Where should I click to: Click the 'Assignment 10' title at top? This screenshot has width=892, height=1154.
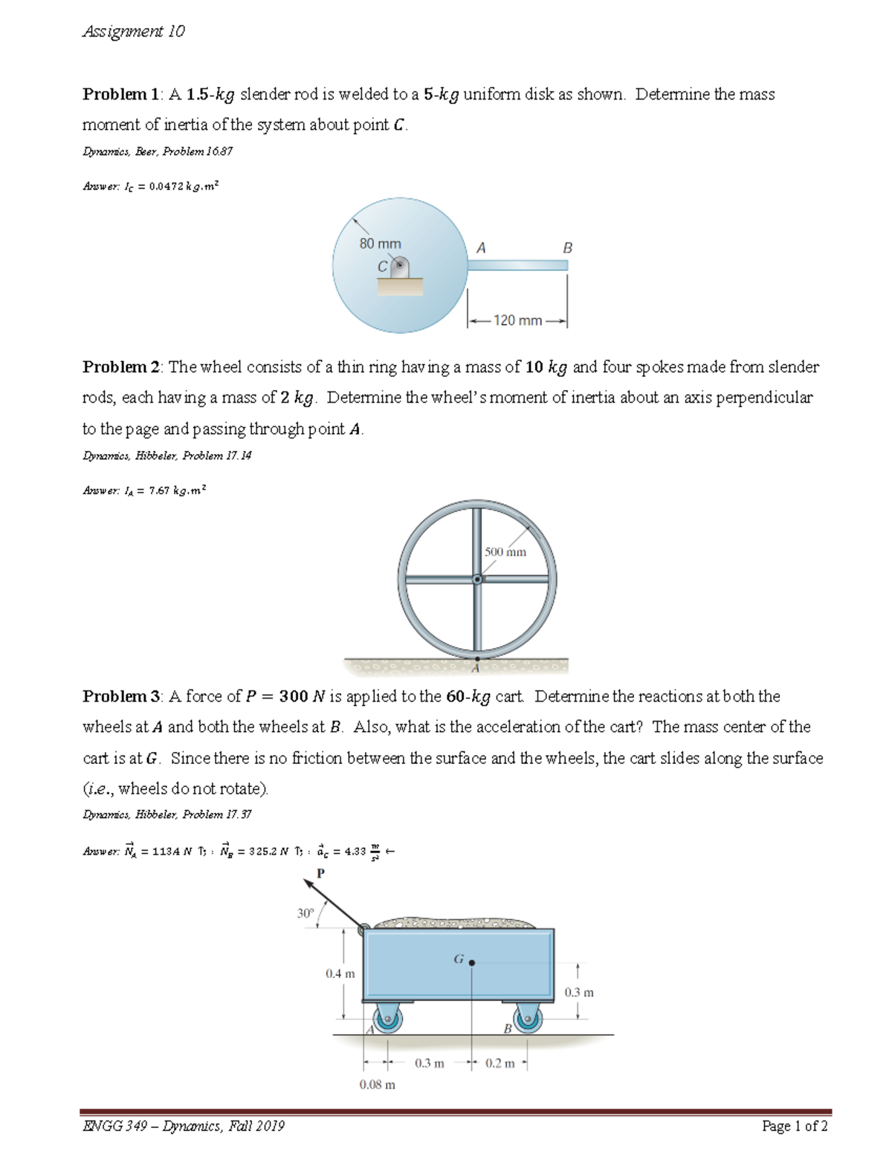(x=134, y=31)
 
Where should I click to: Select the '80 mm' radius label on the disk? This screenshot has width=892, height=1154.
(x=380, y=244)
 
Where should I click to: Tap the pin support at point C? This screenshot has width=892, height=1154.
(x=400, y=266)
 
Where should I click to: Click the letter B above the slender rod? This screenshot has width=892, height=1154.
(x=567, y=247)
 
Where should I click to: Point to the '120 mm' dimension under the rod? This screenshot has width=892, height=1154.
(x=517, y=320)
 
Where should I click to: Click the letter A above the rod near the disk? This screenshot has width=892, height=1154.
(x=481, y=247)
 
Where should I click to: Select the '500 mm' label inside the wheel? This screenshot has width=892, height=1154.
(x=505, y=552)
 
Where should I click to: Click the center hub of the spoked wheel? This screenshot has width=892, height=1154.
(x=477, y=579)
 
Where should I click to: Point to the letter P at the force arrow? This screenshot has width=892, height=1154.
(x=320, y=873)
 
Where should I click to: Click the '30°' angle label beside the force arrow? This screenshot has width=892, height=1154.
(x=306, y=913)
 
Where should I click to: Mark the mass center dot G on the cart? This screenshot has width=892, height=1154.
(x=472, y=962)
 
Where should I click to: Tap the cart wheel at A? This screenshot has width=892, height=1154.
(x=387, y=1019)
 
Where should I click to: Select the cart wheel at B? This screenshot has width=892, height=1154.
(x=527, y=1019)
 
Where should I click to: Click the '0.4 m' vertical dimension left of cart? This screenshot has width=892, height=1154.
(x=340, y=973)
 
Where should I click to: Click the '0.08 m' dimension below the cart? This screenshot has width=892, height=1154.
(x=377, y=1084)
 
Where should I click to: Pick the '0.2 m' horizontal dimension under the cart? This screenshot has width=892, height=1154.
(x=500, y=1063)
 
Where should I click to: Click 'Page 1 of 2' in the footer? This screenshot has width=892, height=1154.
(x=795, y=1126)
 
